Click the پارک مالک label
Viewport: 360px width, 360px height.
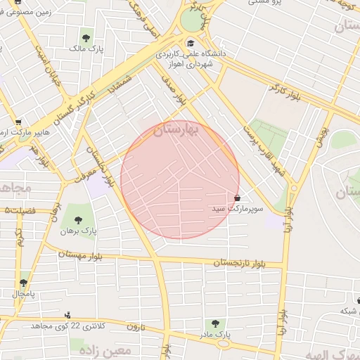click(83, 49)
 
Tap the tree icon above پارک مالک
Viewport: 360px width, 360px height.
click(86, 38)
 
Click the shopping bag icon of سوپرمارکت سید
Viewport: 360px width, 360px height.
click(236, 198)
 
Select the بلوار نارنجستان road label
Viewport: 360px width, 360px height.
click(239, 263)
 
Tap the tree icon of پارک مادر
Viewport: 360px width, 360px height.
click(215, 323)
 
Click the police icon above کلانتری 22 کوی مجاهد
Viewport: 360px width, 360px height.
click(67, 315)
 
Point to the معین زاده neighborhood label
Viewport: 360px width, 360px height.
click(105, 349)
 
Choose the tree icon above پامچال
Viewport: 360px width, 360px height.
click(23, 282)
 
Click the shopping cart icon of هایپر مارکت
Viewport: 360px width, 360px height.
click(18, 121)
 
